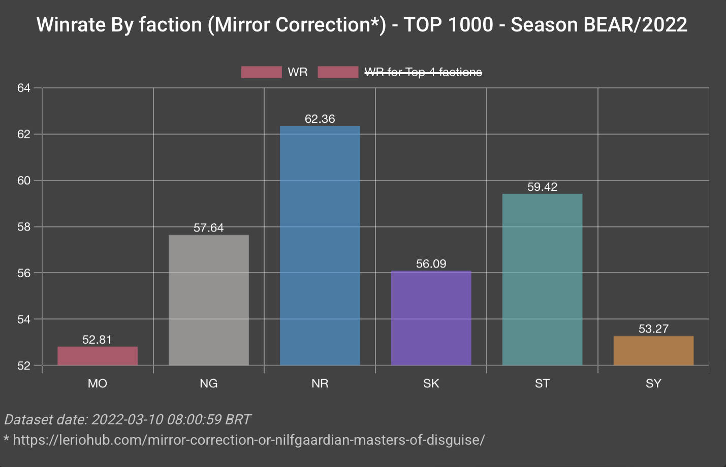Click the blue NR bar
pyautogui.click(x=320, y=245)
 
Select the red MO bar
pyautogui.click(x=97, y=356)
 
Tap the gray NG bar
pyautogui.click(x=208, y=299)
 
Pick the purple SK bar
pyautogui.click(x=431, y=318)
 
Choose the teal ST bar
pyautogui.click(x=542, y=279)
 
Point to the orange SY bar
pyautogui.click(x=653, y=350)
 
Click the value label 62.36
pyautogui.click(x=320, y=119)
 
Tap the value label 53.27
pyautogui.click(x=653, y=329)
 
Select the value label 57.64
pyautogui.click(x=208, y=228)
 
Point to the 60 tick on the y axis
pyautogui.click(x=24, y=181)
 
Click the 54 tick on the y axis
pyautogui.click(x=24, y=319)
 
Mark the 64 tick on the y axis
pyautogui.click(x=24, y=88)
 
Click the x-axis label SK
pyautogui.click(x=431, y=383)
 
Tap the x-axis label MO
pyautogui.click(x=97, y=383)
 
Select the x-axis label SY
pyautogui.click(x=653, y=383)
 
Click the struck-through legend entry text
pyautogui.click(x=423, y=72)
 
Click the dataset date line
pyautogui.click(x=127, y=420)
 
